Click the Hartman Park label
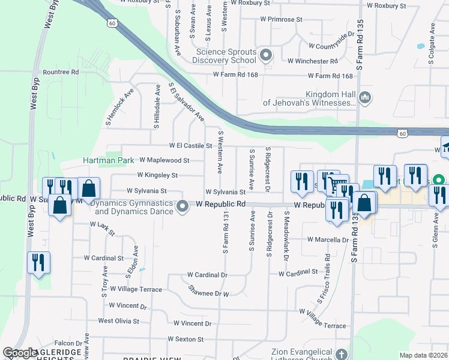tap(108, 161)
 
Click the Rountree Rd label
tap(61, 72)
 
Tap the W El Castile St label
tap(191, 146)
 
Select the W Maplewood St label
tap(164, 160)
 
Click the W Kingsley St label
tap(157, 175)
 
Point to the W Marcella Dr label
tap(328, 239)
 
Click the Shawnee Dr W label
tap(209, 294)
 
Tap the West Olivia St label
tap(122, 321)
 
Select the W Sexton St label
tap(185, 339)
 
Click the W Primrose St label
tap(281, 19)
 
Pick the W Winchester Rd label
tap(312, 61)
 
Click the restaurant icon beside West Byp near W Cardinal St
tap(38, 262)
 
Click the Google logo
tap(20, 353)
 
